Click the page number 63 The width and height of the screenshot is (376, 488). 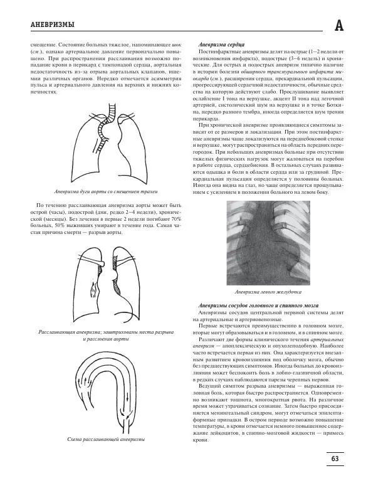[335, 459]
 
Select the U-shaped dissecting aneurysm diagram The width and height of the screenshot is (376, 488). [105, 393]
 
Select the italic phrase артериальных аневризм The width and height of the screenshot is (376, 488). [269, 339]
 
